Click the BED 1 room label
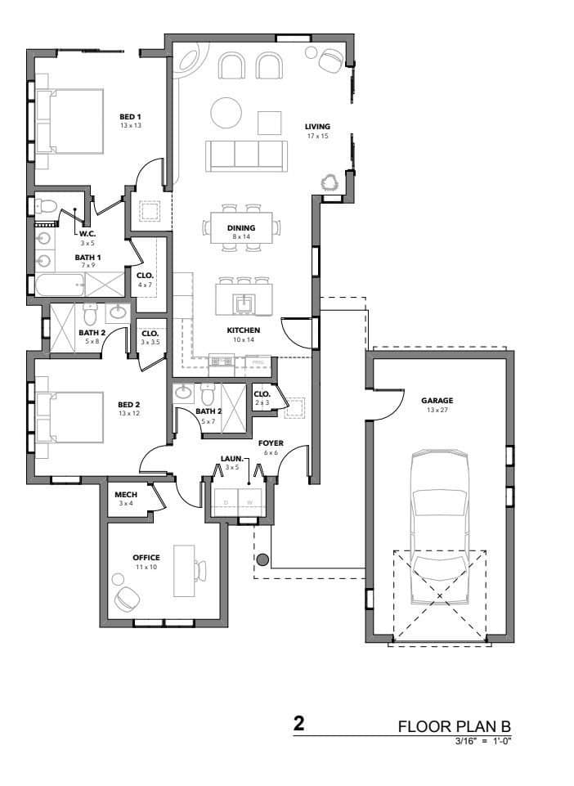click(x=131, y=116)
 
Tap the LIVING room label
click(x=317, y=127)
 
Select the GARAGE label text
click(x=437, y=401)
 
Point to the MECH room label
click(x=125, y=496)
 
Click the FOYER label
click(x=271, y=443)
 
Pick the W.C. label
click(x=87, y=233)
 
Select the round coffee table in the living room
click(x=226, y=112)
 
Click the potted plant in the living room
click(x=330, y=182)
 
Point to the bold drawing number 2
click(x=299, y=724)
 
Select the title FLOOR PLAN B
click(x=455, y=726)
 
